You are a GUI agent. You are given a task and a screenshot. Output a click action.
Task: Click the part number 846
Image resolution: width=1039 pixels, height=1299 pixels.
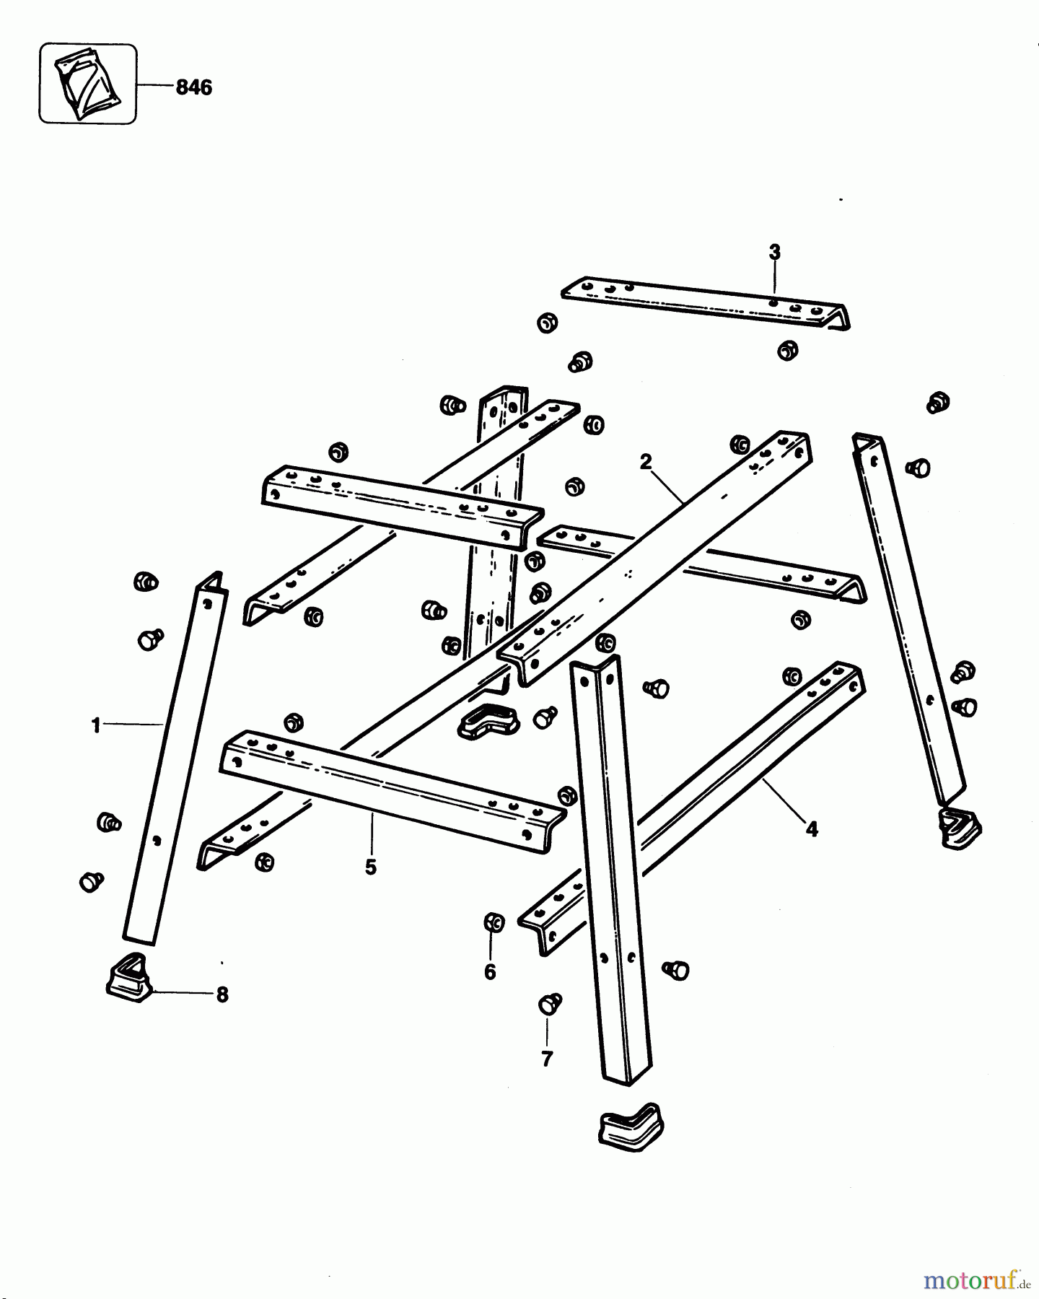[x=194, y=87]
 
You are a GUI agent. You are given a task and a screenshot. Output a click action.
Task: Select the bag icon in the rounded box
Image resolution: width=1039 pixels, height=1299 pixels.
[x=87, y=84]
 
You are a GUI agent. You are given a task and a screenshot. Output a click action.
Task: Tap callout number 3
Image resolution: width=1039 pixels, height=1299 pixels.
[x=774, y=252]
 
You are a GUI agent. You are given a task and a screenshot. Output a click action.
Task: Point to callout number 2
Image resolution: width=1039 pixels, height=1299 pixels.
[x=646, y=461]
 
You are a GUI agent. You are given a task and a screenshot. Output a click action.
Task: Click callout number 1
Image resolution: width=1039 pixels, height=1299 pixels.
[x=96, y=725]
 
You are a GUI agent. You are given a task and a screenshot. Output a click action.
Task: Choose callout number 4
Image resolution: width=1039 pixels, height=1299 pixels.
[x=812, y=830]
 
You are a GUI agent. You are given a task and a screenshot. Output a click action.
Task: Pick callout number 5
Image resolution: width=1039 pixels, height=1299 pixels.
[x=371, y=867]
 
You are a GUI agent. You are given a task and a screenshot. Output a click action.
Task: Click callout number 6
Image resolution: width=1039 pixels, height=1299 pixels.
[x=490, y=972]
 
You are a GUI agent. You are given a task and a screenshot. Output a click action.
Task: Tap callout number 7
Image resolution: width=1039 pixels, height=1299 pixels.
[x=547, y=1059]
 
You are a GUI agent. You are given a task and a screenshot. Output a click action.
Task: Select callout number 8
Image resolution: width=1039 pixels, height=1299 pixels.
[x=222, y=994]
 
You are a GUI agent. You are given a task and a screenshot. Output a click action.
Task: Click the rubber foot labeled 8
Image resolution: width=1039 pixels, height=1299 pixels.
[x=129, y=977]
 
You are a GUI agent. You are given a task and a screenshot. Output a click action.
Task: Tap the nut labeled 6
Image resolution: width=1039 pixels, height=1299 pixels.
[x=494, y=922]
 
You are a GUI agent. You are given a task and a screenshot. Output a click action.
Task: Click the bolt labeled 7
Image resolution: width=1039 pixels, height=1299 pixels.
[x=551, y=1004]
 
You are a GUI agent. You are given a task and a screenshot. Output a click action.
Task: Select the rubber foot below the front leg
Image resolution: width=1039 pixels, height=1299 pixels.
[x=630, y=1125]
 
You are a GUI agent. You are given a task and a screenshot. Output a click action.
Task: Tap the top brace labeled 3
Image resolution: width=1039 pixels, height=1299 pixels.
[x=706, y=303]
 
